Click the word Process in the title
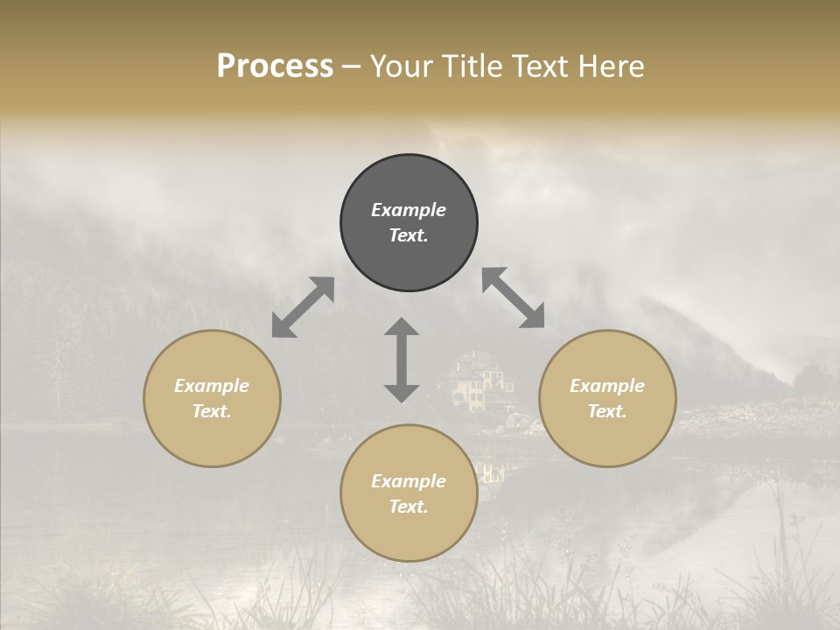(x=275, y=66)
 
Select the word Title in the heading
(x=473, y=66)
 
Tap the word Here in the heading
(x=611, y=66)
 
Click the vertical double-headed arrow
(x=402, y=360)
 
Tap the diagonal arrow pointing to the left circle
(x=303, y=307)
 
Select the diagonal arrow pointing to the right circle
(x=514, y=297)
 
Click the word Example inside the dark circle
(x=409, y=210)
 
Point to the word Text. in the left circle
(x=212, y=411)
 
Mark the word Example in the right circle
(x=607, y=386)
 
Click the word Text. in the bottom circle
(x=409, y=507)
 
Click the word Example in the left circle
(x=212, y=386)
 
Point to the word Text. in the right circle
(x=607, y=411)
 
